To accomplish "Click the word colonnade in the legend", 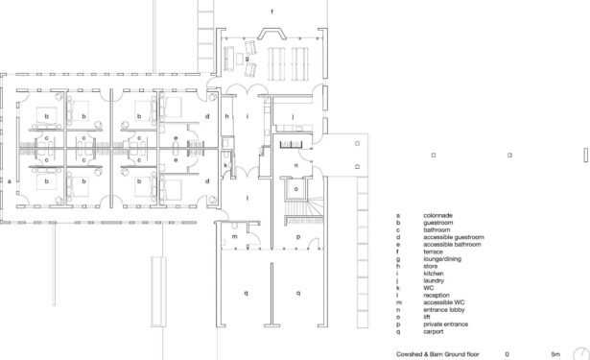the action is [x=437, y=215].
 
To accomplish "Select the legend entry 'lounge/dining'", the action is [x=442, y=258].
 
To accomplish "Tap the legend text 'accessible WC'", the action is [x=443, y=302].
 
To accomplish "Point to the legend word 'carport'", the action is [x=433, y=331].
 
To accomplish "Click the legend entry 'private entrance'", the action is [x=445, y=324].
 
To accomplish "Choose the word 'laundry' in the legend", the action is [x=434, y=280].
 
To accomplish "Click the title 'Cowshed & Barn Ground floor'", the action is [x=437, y=354].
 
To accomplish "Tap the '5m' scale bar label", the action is [x=555, y=354].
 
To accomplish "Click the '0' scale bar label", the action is [x=507, y=354].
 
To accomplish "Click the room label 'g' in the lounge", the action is [x=248, y=59].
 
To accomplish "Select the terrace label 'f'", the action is [x=272, y=12].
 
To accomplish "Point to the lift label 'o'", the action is [x=296, y=189].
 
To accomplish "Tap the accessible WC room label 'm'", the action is [x=234, y=236].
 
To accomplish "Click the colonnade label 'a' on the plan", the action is [x=10, y=181].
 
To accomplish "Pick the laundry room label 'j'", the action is [x=293, y=116].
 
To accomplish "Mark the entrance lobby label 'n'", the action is [x=296, y=165].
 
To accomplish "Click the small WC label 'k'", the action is [x=225, y=165].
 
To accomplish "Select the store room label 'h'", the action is [x=226, y=116].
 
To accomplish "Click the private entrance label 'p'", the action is [x=298, y=237].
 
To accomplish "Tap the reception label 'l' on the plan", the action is [x=248, y=198].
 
